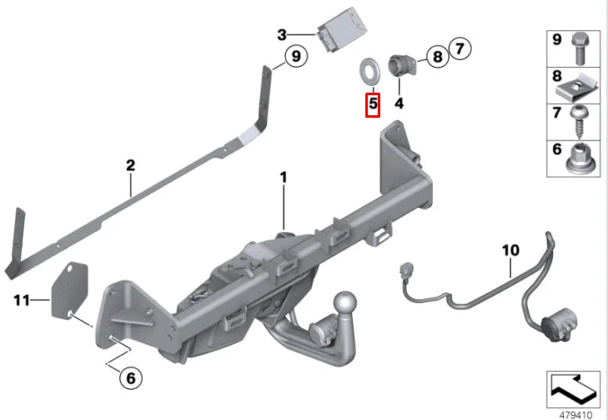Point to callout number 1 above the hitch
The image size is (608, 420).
point(284,178)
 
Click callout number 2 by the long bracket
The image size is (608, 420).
point(130,165)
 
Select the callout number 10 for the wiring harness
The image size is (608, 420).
point(510,249)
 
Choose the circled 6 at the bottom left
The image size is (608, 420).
point(130,378)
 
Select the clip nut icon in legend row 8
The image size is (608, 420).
point(577,85)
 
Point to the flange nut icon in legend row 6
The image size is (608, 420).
point(577,156)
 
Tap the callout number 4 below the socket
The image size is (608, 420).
point(399,104)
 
